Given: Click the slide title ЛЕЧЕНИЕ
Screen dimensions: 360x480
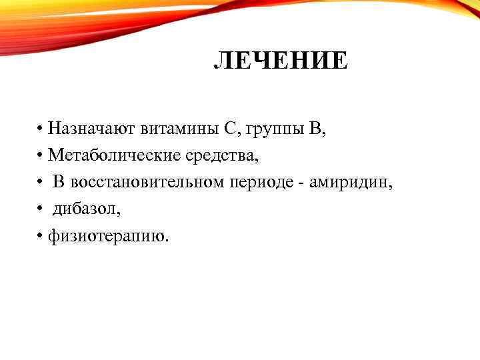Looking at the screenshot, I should (x=280, y=62).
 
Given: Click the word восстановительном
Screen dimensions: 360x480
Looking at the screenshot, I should (x=147, y=182).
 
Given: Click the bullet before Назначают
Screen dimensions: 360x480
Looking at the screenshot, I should (x=41, y=129).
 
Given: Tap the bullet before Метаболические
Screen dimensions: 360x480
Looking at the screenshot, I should (x=41, y=155).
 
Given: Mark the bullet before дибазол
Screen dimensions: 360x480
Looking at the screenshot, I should (x=41, y=209).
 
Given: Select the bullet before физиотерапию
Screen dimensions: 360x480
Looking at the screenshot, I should (x=41, y=235).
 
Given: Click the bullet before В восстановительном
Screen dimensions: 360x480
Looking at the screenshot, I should (x=41, y=182).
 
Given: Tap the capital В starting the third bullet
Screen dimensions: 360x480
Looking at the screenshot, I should (x=59, y=182).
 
